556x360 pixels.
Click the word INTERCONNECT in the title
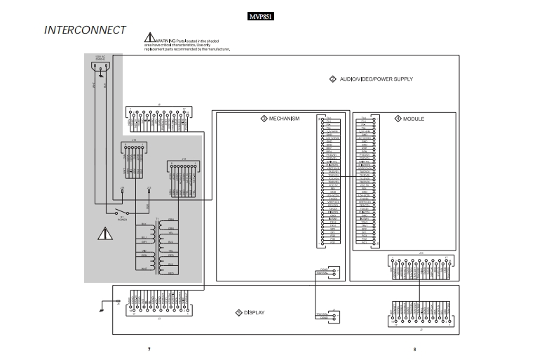point(85,30)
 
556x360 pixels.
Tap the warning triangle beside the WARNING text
point(149,38)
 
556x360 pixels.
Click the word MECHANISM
point(284,119)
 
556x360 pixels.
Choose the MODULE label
point(413,119)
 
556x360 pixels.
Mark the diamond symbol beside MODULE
point(398,119)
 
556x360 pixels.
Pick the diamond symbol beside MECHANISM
point(264,119)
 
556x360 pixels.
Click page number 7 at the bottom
point(149,349)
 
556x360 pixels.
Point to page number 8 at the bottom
point(414,349)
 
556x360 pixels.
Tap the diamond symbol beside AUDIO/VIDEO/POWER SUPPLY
point(332,79)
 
